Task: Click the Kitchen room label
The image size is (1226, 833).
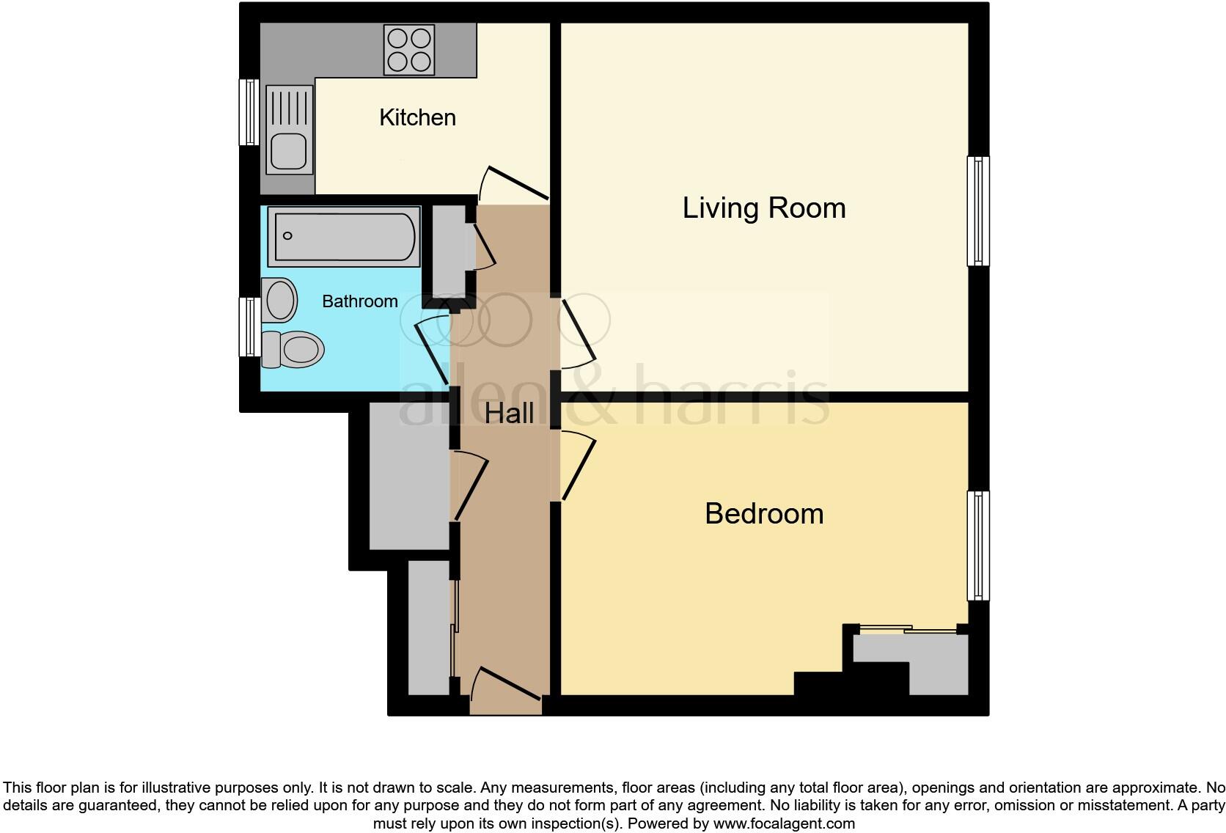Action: (x=418, y=117)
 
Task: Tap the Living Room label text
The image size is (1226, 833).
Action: (x=764, y=208)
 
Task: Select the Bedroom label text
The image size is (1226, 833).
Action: (x=764, y=514)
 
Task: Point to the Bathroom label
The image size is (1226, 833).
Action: (x=359, y=301)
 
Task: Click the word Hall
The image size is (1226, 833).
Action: (x=509, y=413)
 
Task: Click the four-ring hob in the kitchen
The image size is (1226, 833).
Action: (x=409, y=49)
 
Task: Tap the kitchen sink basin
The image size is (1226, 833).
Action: (x=289, y=152)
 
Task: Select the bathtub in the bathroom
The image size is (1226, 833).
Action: (x=344, y=236)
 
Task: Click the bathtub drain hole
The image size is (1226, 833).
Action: (x=287, y=236)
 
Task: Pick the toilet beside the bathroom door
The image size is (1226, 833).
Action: (x=293, y=349)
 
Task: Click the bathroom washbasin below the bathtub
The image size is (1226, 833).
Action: (x=279, y=300)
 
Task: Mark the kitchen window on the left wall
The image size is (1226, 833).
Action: (x=249, y=112)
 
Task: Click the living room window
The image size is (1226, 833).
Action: (x=978, y=211)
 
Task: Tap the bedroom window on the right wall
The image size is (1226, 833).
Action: (x=978, y=546)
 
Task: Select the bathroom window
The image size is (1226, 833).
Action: (x=249, y=327)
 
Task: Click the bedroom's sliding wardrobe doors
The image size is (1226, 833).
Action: (x=908, y=629)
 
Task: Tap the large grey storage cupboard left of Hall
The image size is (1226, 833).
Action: (x=409, y=476)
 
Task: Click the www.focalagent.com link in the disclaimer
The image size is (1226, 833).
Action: (x=784, y=823)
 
